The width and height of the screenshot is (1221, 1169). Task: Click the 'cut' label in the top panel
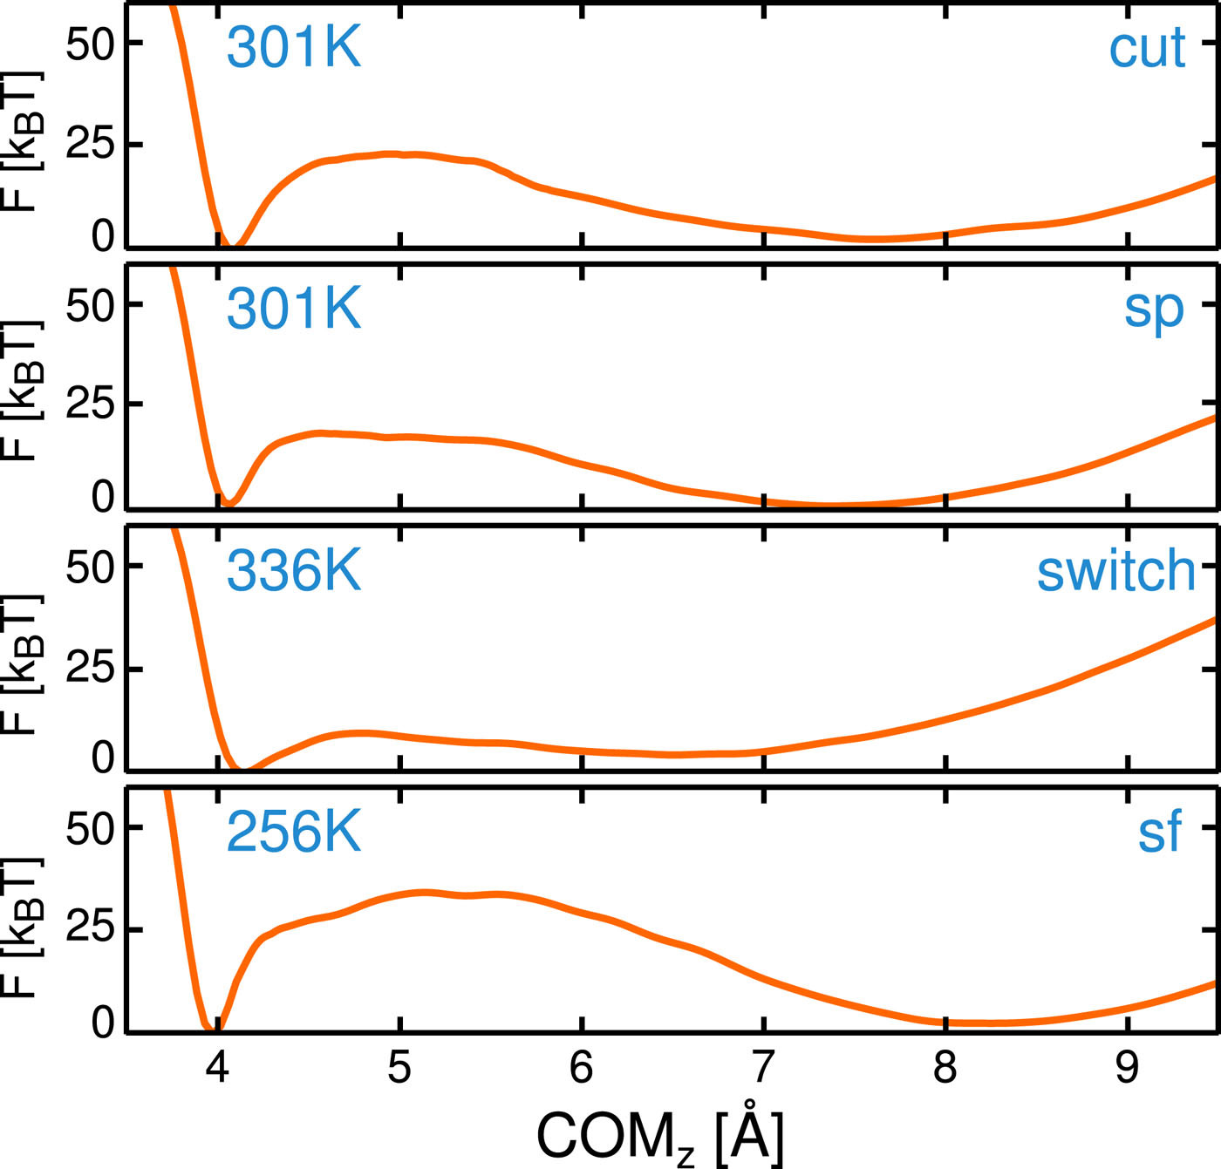[1147, 48]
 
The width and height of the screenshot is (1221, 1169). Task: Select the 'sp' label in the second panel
[1154, 309]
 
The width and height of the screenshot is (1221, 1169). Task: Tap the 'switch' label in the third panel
[1115, 571]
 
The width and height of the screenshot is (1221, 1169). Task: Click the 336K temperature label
[294, 571]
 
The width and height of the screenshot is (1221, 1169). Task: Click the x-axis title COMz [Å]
[660, 1135]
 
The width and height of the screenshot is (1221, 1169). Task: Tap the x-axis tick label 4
[217, 1066]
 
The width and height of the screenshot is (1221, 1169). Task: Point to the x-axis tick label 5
[399, 1066]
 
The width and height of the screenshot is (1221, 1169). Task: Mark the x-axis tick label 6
[582, 1066]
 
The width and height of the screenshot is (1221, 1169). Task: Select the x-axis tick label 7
[764, 1066]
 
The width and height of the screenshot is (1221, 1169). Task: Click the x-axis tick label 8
[945, 1066]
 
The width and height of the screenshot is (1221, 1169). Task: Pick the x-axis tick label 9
[1128, 1066]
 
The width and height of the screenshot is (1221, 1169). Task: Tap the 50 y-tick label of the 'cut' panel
[91, 44]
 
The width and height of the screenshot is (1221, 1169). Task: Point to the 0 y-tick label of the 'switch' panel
[103, 758]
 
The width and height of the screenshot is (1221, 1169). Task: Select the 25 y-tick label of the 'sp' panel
[91, 404]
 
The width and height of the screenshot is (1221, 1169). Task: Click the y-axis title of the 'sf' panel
[21, 928]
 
